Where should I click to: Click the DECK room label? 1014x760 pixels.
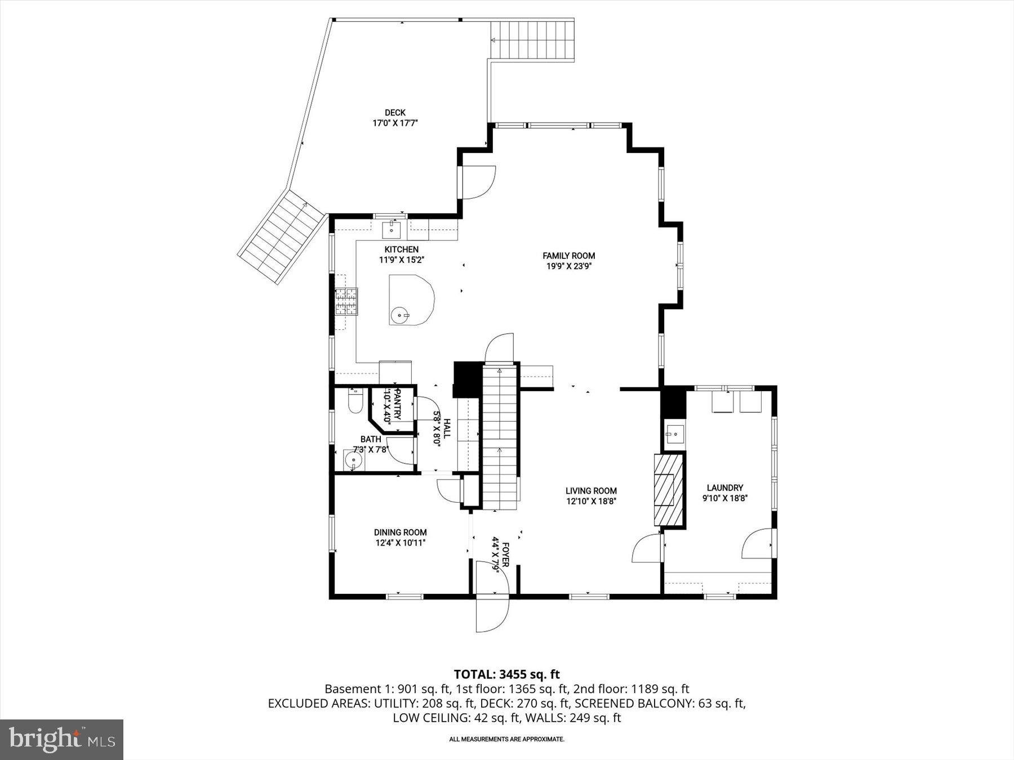point(395,113)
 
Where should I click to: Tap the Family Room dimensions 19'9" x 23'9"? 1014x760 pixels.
point(568,266)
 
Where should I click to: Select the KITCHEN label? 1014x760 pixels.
point(401,249)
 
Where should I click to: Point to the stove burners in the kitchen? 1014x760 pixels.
point(346,301)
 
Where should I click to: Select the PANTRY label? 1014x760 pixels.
point(397,404)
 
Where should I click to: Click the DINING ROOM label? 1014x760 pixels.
point(400,532)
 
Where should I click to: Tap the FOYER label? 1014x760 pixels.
point(505,557)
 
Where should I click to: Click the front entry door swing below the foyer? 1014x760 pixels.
point(492,614)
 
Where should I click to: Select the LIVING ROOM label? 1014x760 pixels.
point(591,490)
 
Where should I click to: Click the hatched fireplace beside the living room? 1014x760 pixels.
point(668,489)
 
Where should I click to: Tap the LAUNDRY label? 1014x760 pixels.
point(724,488)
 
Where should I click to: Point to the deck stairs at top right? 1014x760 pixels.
point(532,41)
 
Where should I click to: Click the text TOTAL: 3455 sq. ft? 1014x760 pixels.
point(506,674)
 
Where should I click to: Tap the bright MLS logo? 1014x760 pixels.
point(61,739)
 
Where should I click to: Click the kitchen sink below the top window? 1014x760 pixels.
point(392,230)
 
